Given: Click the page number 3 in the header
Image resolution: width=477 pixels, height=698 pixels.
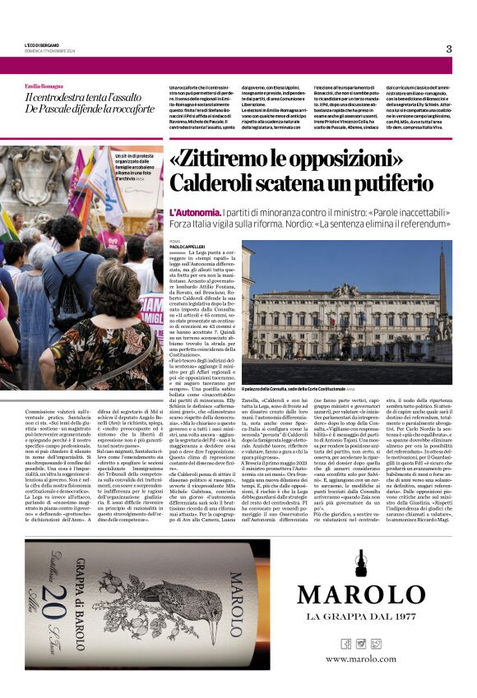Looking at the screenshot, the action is (448, 49).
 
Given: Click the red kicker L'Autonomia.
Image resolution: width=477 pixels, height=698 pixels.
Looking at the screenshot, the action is (194, 211).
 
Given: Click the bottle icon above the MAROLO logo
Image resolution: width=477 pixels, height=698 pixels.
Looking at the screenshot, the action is (361, 566).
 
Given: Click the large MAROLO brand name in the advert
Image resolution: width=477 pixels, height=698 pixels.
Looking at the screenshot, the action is (360, 594).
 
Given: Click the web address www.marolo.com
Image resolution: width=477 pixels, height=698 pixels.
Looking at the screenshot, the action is (360, 659).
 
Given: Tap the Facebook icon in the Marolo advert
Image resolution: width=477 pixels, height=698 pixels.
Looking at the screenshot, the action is (345, 643).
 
